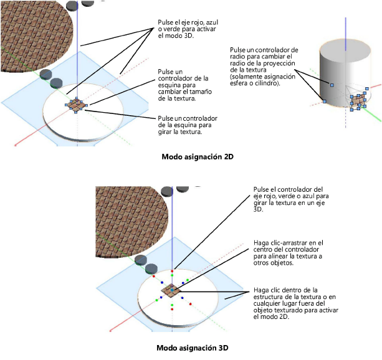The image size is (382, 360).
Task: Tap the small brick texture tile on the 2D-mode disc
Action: [x=76, y=106]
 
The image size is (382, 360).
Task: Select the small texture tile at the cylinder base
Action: [x=358, y=101]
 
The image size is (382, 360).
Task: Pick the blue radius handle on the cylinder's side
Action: [x=333, y=85]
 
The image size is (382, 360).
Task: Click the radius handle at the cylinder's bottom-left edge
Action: [x=323, y=100]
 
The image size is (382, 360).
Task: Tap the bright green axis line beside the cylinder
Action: [x=373, y=113]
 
